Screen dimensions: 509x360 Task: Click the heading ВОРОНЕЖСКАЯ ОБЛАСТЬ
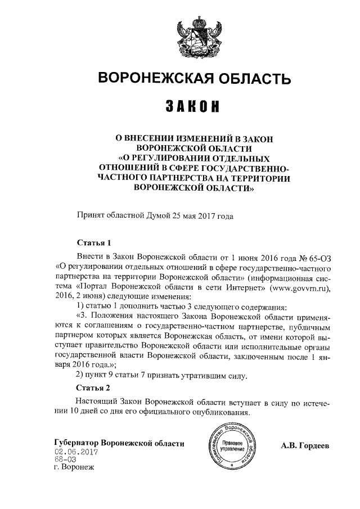coord(195,78)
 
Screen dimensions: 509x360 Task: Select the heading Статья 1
coord(94,243)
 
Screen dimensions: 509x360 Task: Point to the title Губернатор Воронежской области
coord(119,444)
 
